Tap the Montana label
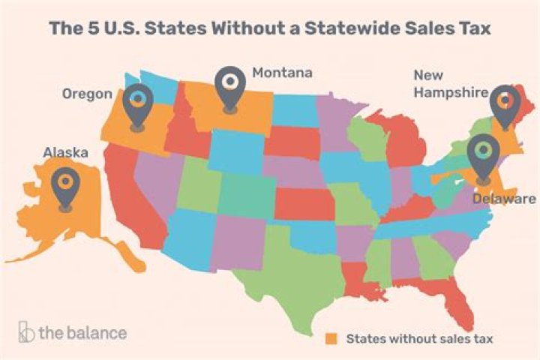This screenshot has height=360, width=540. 282,73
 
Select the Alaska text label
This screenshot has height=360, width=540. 65,153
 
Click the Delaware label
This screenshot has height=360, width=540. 504,199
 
